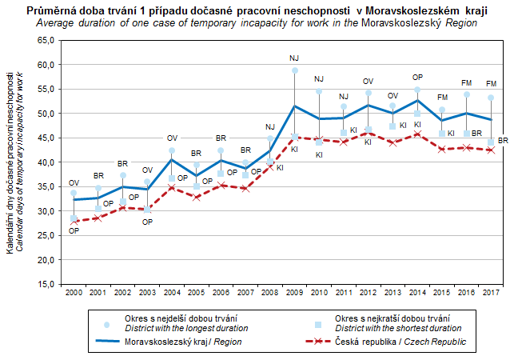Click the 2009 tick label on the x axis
[x=294, y=293]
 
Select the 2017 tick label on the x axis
[x=490, y=293]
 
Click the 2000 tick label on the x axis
[x=74, y=293]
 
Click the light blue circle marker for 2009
[x=294, y=70]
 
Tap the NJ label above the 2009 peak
[x=294, y=58]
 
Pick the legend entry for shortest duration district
[x=392, y=323]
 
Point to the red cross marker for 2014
[x=416, y=134]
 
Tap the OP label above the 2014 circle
[x=416, y=77]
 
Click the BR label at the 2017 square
[x=503, y=141]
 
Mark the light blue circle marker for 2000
[x=74, y=193]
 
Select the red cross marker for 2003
[x=147, y=209]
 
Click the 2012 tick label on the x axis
[x=368, y=293]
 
